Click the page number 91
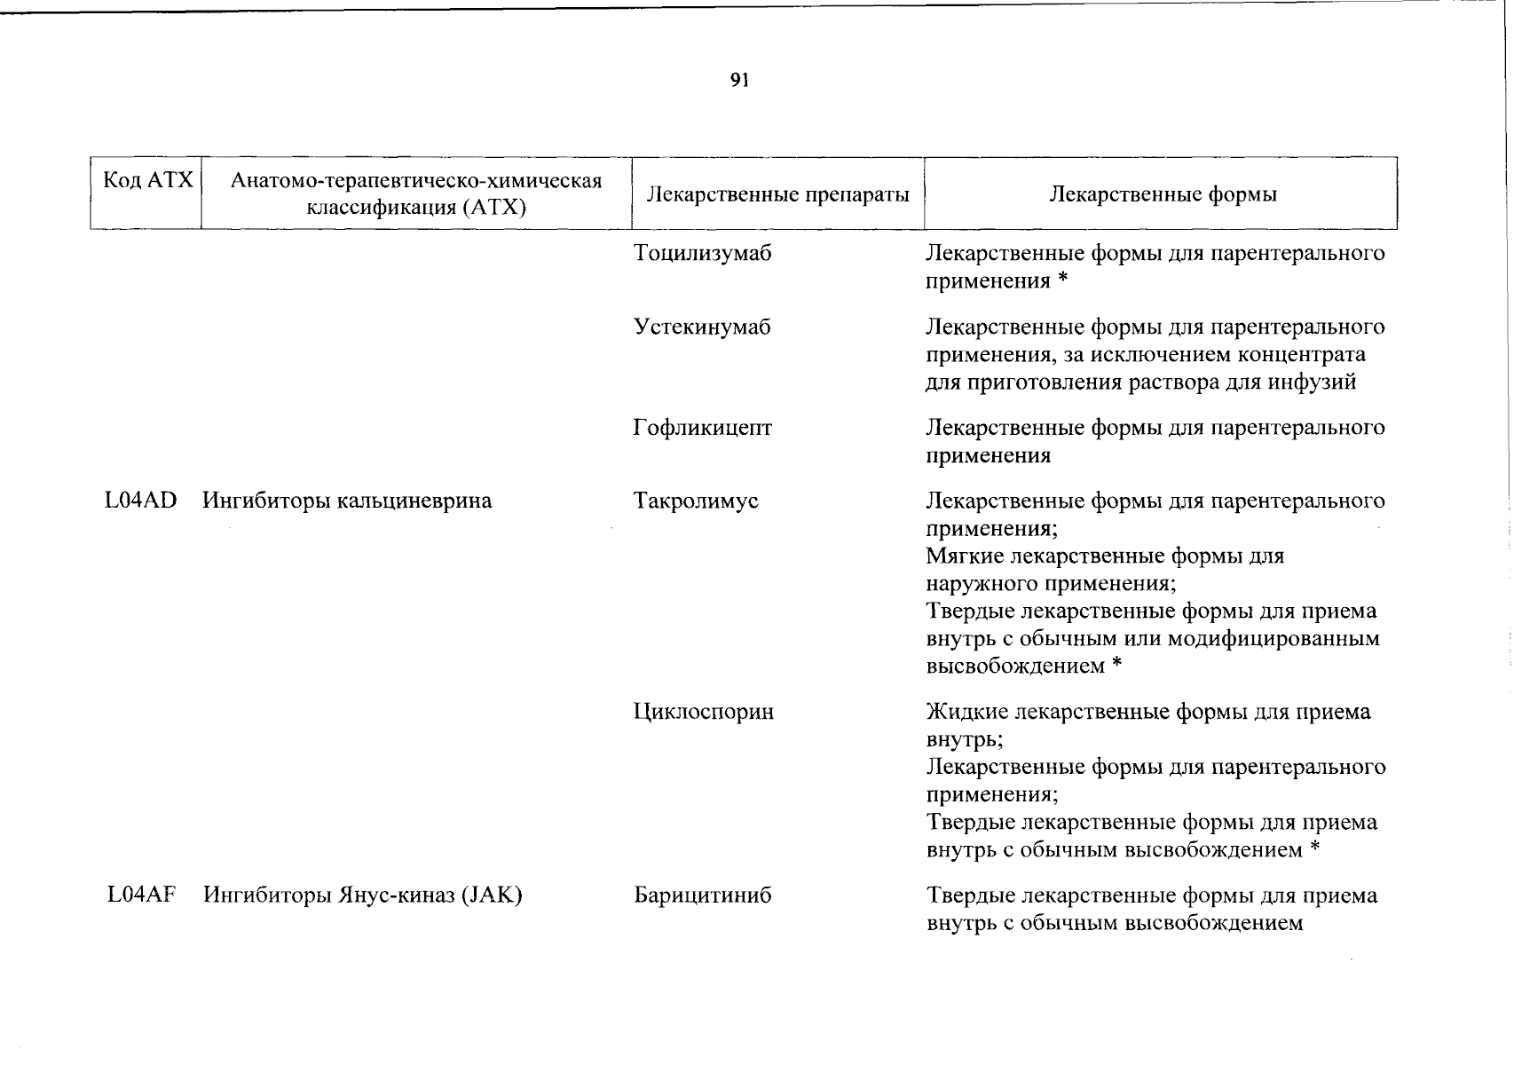click(739, 81)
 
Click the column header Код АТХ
click(147, 181)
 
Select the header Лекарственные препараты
click(777, 194)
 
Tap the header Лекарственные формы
click(1163, 194)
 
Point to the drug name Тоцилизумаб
click(702, 254)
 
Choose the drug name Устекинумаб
click(702, 327)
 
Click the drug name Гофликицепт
click(702, 429)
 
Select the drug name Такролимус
click(696, 501)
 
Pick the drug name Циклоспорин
click(703, 712)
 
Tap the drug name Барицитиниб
click(702, 895)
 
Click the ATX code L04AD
click(140, 501)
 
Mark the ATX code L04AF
click(140, 895)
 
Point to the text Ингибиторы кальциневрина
click(347, 501)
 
